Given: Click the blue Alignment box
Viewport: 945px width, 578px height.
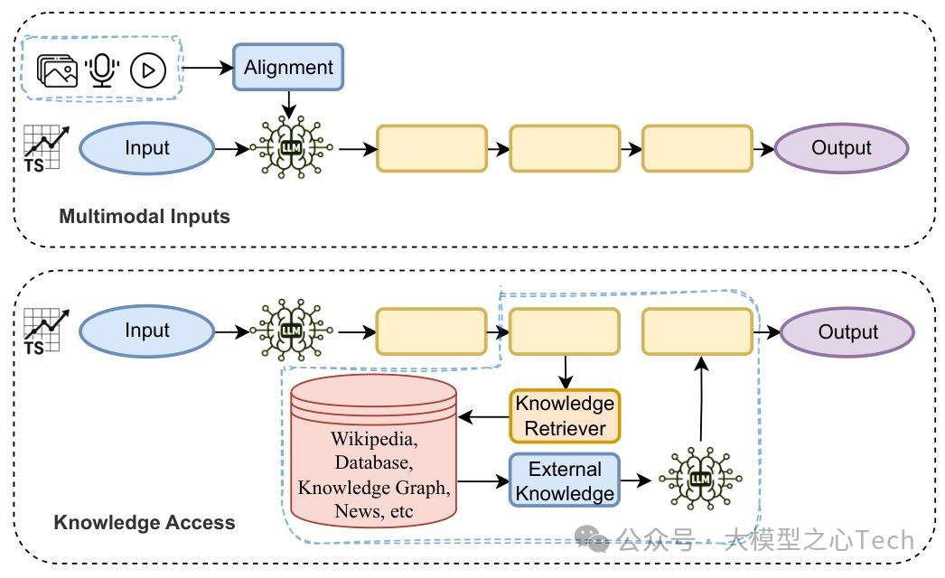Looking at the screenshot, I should [288, 67].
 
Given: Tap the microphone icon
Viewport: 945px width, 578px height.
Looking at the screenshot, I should [101, 70].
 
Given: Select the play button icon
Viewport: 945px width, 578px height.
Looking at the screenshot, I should [148, 70].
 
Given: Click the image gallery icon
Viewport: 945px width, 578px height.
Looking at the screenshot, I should [58, 70].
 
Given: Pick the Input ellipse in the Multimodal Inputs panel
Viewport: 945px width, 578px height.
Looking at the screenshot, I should [146, 148].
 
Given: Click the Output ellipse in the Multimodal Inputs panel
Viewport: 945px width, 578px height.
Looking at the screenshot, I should [841, 148].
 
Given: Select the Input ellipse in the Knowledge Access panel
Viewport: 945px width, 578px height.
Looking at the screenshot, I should [146, 331].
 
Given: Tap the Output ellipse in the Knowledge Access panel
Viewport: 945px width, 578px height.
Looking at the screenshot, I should [847, 331].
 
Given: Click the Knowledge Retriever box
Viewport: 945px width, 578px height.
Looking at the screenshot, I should [565, 415].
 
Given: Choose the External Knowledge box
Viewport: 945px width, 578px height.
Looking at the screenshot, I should [565, 481].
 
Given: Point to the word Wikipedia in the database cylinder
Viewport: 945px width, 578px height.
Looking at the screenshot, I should [373, 440].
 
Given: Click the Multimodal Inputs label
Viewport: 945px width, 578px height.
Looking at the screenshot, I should [145, 217].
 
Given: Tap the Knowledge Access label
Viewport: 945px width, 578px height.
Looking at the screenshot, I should [145, 522].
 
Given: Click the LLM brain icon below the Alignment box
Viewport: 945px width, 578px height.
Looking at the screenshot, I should [289, 147].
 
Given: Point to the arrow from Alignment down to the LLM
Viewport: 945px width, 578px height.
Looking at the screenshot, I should [289, 103].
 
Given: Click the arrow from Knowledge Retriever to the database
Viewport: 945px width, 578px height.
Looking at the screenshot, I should [483, 417].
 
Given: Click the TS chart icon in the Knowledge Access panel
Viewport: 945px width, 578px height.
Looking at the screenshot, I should [42, 331].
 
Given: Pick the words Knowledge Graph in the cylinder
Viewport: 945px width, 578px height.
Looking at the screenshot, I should [373, 488].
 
